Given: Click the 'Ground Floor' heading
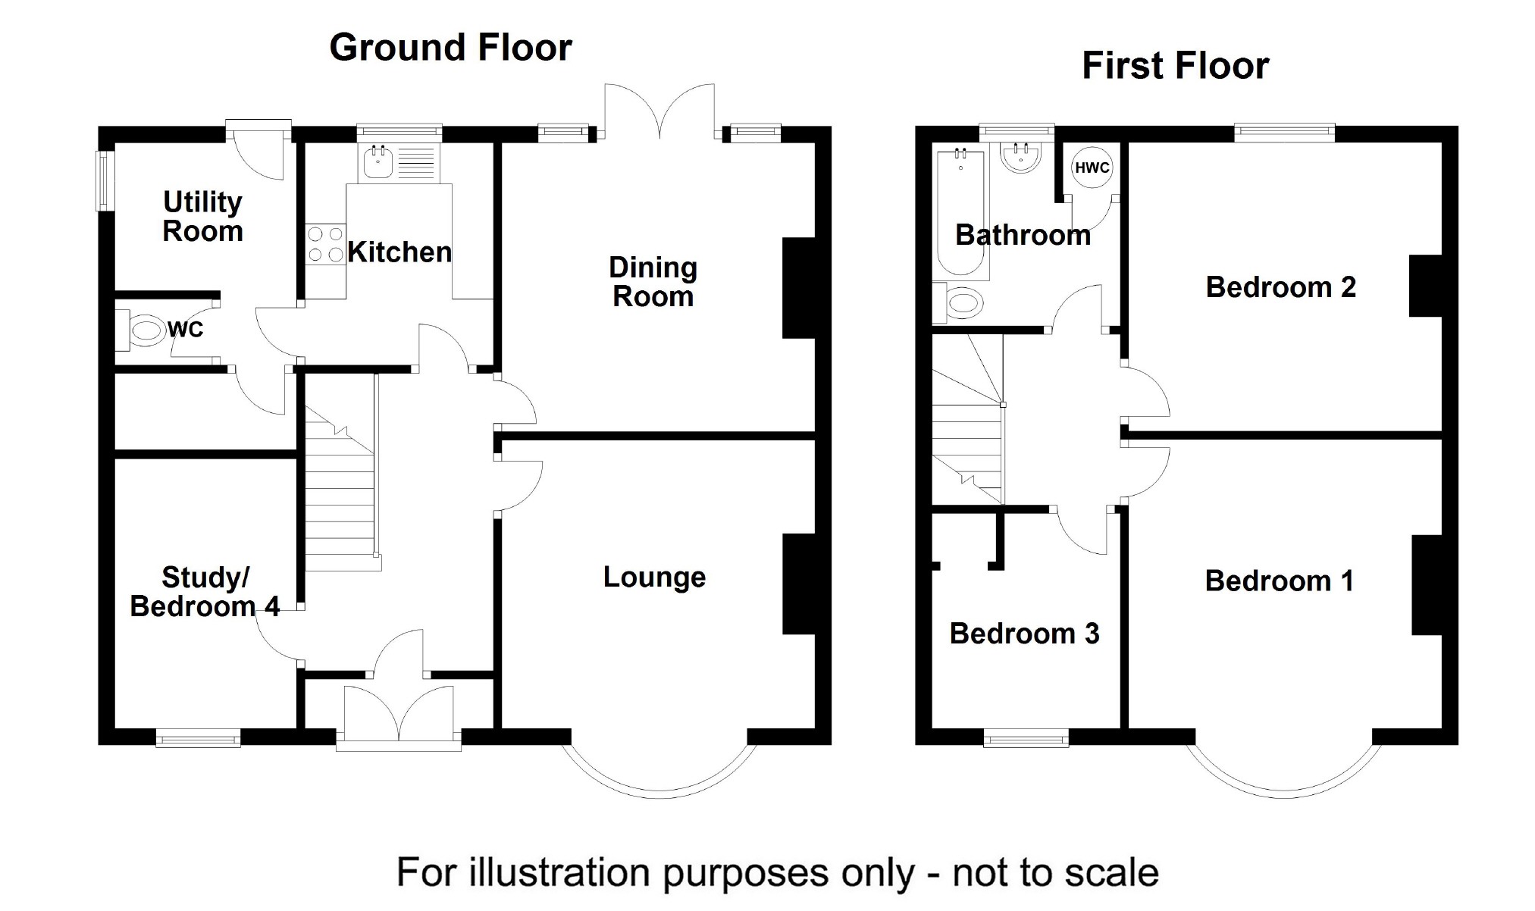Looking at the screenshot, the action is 450,48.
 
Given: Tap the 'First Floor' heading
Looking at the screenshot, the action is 1175,66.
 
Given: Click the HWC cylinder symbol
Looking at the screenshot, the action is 1092,167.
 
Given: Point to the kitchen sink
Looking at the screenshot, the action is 377,162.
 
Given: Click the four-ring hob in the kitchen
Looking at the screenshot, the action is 325,244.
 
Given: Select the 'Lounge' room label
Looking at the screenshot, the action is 654,578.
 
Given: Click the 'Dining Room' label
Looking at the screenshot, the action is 653,282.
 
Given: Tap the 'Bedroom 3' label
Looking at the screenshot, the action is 1024,634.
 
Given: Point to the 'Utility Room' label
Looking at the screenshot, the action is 202,217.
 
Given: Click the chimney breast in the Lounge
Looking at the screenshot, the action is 799,584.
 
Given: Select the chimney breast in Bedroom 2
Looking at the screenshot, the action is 1425,286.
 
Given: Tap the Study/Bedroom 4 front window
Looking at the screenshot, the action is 198,737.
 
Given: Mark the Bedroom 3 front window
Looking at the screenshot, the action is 1026,737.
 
